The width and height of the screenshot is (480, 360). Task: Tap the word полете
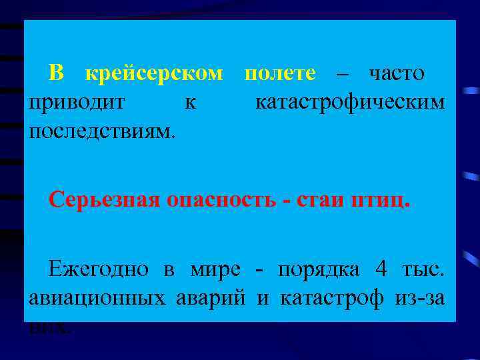[x=280, y=74]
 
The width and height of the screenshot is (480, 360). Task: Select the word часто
[x=397, y=74]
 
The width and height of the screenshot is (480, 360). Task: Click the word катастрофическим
[x=350, y=103]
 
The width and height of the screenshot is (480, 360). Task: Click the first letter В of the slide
[x=57, y=74]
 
